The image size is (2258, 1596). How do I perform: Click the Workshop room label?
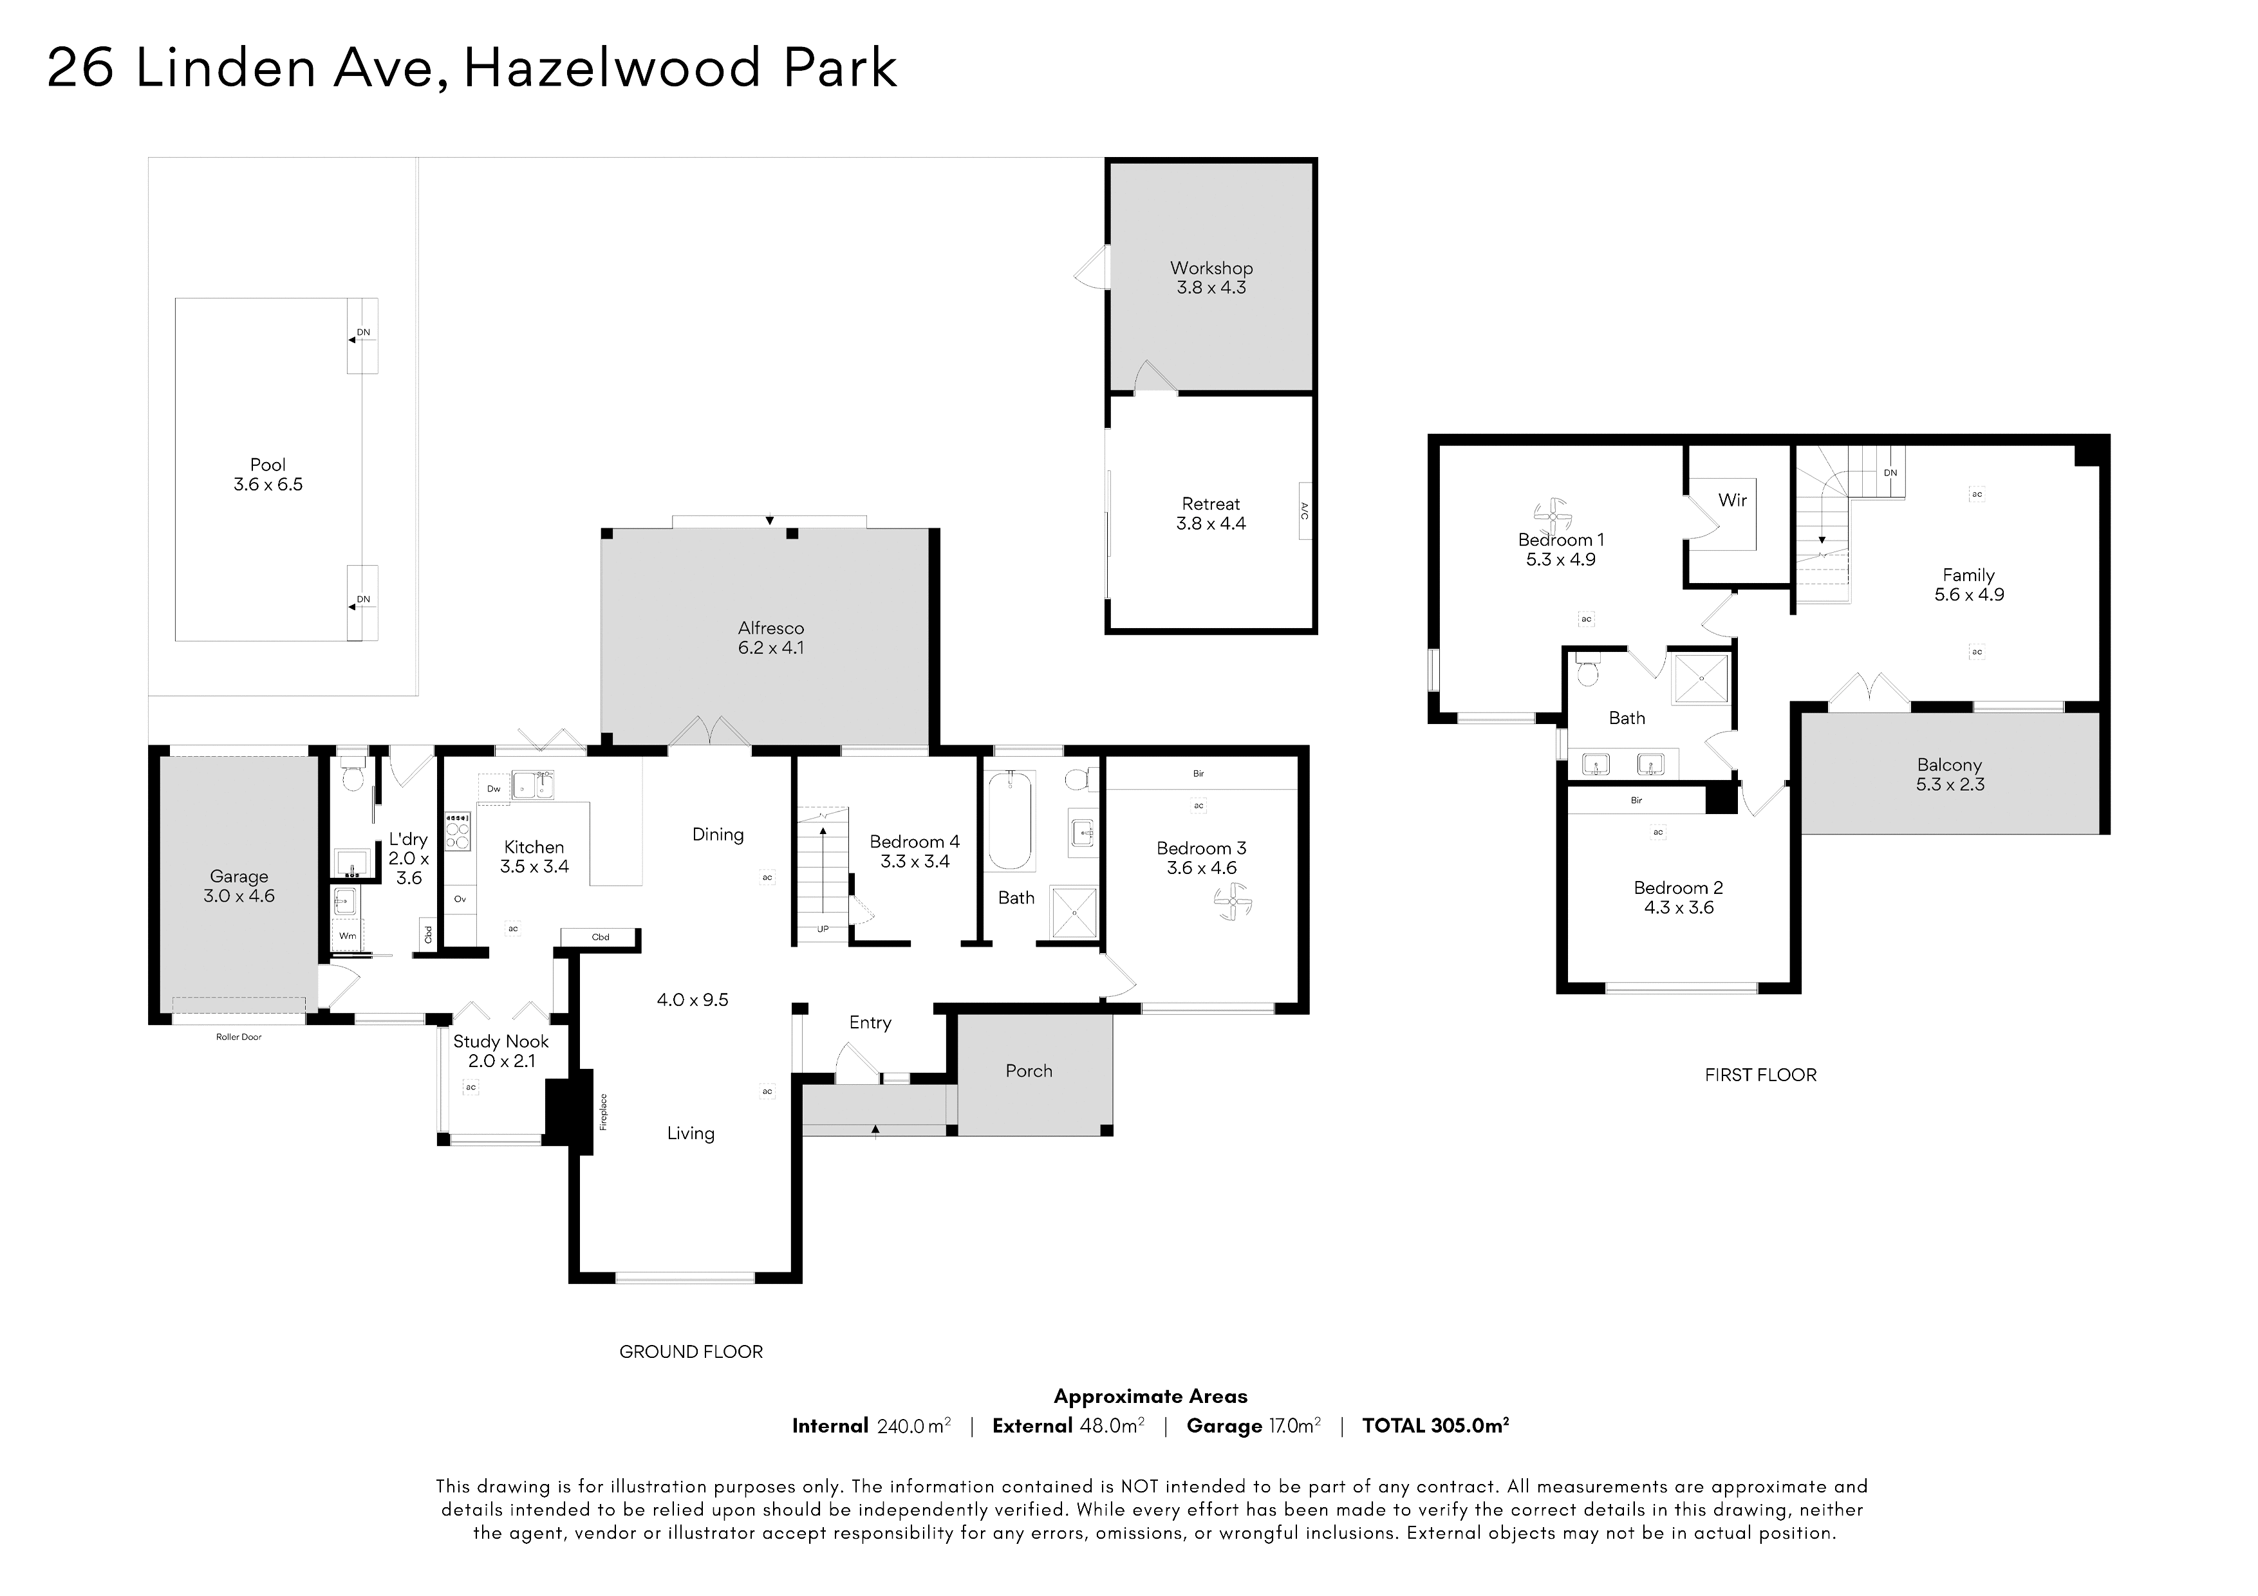1211,268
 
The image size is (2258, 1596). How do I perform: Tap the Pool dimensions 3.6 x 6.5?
268,485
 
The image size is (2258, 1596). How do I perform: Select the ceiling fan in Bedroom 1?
1553,515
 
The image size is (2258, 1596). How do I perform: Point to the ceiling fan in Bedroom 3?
1231,901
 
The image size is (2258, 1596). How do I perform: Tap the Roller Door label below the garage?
239,1037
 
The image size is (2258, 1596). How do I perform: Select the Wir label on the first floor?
1732,499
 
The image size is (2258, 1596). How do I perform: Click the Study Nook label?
501,1041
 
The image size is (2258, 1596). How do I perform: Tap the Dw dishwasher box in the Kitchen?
494,788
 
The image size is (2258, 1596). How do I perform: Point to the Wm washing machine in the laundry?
347,936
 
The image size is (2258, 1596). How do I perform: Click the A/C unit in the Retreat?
1305,510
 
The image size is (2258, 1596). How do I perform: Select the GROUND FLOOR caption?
691,1352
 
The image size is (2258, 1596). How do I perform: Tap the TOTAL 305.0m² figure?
1436,1426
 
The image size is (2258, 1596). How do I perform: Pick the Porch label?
1029,1071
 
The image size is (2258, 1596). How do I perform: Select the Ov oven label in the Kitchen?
460,900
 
